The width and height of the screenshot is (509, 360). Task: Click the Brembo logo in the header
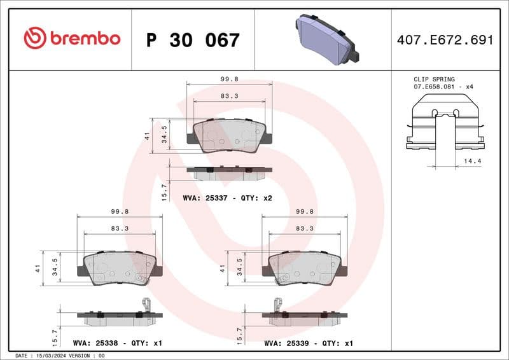71,39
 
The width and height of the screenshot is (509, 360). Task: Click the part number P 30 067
193,40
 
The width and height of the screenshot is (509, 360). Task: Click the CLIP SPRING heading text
435,80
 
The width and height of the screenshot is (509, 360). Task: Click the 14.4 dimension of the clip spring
473,162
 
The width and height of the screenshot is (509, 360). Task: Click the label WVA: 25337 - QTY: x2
227,198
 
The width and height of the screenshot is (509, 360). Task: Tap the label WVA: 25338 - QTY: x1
118,343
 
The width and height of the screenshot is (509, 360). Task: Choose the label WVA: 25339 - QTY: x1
309,343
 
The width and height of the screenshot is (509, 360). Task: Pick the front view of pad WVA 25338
120,267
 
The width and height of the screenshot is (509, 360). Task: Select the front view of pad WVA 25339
305,267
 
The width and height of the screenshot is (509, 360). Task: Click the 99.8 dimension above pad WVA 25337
229,80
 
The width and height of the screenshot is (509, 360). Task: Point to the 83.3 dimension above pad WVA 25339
305,228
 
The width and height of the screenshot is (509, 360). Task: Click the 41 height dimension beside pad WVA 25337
147,135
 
